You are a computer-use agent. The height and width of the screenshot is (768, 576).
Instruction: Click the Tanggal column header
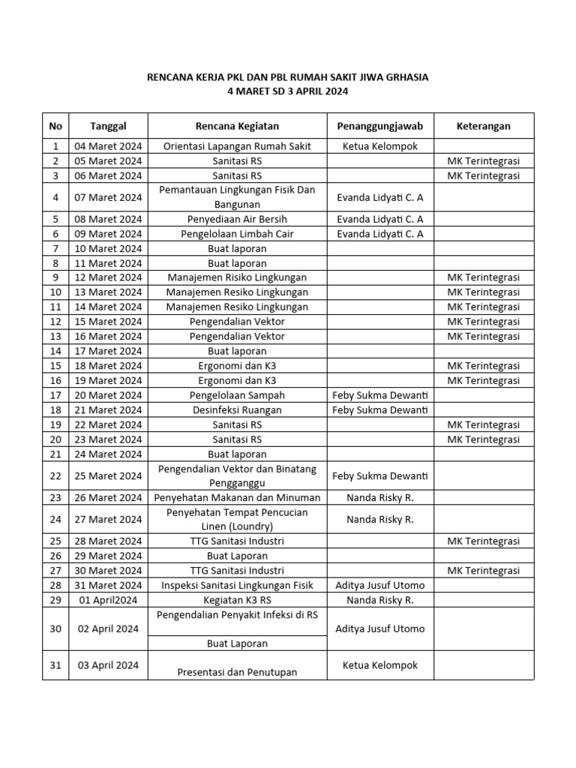tap(108, 126)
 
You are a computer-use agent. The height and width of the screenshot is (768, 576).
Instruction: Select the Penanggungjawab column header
tap(380, 126)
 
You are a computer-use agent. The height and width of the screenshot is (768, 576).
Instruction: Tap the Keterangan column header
tap(483, 126)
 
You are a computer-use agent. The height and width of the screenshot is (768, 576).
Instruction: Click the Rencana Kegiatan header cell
tap(237, 126)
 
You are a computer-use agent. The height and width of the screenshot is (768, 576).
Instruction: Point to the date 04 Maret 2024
tap(108, 146)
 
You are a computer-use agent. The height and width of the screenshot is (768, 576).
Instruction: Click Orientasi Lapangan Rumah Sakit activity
tap(237, 146)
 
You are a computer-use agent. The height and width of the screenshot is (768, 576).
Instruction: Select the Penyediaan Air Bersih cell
tap(237, 219)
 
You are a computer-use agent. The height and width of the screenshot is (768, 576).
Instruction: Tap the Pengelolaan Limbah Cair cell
tap(237, 234)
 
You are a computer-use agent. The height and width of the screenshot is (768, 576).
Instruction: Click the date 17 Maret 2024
tap(108, 351)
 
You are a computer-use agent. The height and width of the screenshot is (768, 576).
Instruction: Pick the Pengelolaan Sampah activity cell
tap(237, 395)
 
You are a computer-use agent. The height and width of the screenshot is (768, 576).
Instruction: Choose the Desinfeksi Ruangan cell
tap(237, 409)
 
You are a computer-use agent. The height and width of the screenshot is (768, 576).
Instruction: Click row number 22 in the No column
tap(55, 475)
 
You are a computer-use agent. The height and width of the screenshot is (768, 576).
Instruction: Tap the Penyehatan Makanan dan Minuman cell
tap(237, 497)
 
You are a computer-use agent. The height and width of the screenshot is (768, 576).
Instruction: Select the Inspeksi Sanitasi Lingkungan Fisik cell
tap(237, 585)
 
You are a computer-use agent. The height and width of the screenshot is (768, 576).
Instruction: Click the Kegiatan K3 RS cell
tap(237, 600)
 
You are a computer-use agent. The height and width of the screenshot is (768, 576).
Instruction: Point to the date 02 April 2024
tap(108, 628)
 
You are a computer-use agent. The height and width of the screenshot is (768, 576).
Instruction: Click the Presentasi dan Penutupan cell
tap(237, 672)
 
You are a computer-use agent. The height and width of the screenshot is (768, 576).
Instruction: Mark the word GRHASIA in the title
tap(405, 77)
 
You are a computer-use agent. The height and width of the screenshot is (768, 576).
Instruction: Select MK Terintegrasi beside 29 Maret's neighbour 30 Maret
tap(483, 571)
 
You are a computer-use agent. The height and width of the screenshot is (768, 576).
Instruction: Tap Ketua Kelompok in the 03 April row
tap(380, 665)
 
